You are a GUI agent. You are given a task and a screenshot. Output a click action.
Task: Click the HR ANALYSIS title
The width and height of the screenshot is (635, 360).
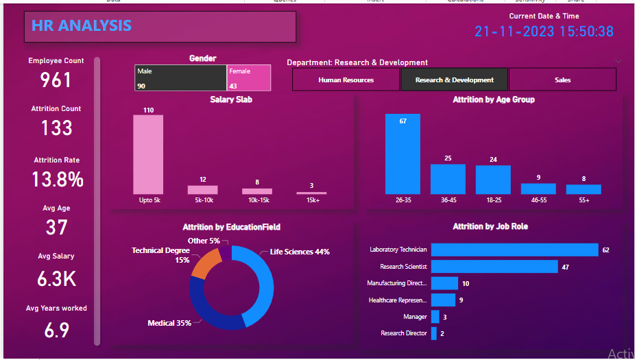[82, 26]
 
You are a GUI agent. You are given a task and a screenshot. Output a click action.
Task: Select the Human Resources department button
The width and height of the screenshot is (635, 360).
[346, 80]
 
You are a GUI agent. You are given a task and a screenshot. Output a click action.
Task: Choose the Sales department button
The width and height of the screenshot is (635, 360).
[562, 80]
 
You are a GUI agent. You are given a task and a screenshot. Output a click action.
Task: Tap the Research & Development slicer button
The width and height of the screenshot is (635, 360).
[454, 80]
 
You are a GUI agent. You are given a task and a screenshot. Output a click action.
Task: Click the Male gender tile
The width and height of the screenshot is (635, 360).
[180, 78]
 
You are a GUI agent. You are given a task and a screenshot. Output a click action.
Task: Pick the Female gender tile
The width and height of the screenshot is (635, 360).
[249, 78]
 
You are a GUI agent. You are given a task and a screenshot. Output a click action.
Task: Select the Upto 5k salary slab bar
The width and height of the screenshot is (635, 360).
[148, 154]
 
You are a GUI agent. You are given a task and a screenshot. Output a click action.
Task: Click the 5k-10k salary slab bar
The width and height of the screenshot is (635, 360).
[202, 190]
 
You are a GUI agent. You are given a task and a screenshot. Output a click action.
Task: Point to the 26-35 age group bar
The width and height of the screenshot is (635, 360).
[402, 154]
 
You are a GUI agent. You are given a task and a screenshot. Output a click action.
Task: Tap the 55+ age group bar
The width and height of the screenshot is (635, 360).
[583, 189]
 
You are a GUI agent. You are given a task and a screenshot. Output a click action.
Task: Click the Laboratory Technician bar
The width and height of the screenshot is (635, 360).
[514, 250]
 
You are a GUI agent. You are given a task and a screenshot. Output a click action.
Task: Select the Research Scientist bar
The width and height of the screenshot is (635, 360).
[494, 267]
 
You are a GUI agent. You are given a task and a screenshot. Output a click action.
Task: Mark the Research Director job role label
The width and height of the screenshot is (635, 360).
[404, 333]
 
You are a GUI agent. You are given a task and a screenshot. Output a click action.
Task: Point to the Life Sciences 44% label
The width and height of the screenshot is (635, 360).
[300, 252]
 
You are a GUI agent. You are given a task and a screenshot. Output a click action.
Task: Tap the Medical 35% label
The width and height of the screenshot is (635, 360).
[169, 322]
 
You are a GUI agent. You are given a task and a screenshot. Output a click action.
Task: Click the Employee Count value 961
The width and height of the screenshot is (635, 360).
[56, 80]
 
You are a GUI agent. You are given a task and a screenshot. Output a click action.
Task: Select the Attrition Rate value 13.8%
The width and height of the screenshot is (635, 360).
[58, 180]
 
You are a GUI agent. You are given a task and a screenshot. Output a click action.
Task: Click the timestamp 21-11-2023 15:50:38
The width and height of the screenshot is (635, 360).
[544, 32]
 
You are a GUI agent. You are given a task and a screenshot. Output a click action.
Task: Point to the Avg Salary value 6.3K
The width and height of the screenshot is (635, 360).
[56, 279]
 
